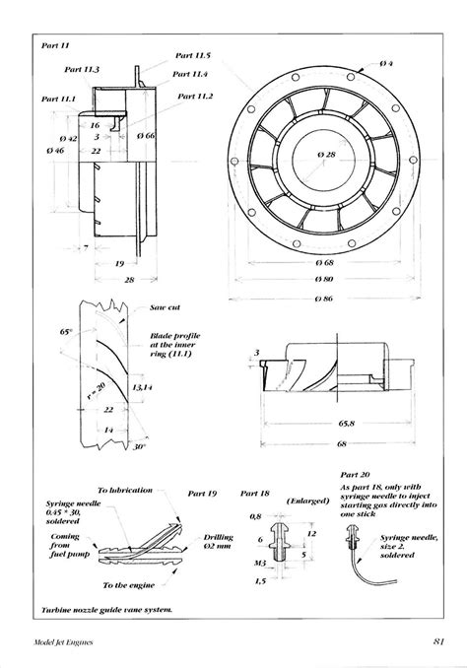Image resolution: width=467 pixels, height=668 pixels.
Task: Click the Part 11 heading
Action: (55, 45)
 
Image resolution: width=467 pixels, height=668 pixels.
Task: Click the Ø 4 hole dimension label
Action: (385, 63)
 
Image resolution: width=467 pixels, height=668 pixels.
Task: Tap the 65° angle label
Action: (65, 333)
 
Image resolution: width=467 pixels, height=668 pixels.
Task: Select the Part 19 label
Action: (203, 491)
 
